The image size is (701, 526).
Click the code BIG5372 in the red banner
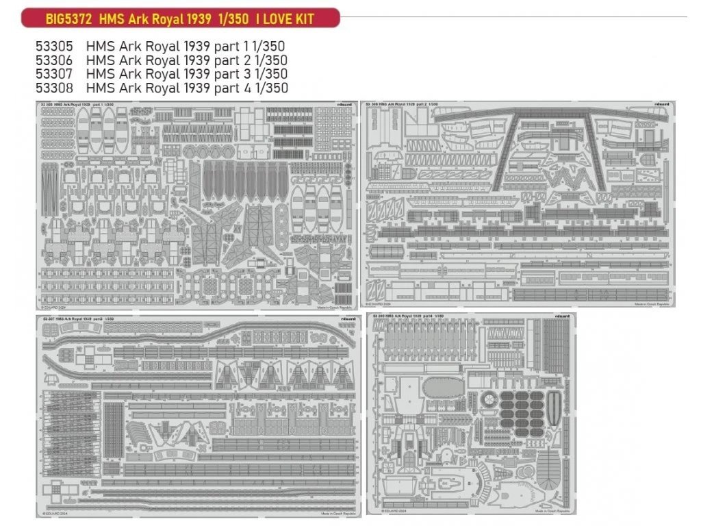click(x=69, y=18)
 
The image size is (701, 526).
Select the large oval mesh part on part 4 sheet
click(x=443, y=388)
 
